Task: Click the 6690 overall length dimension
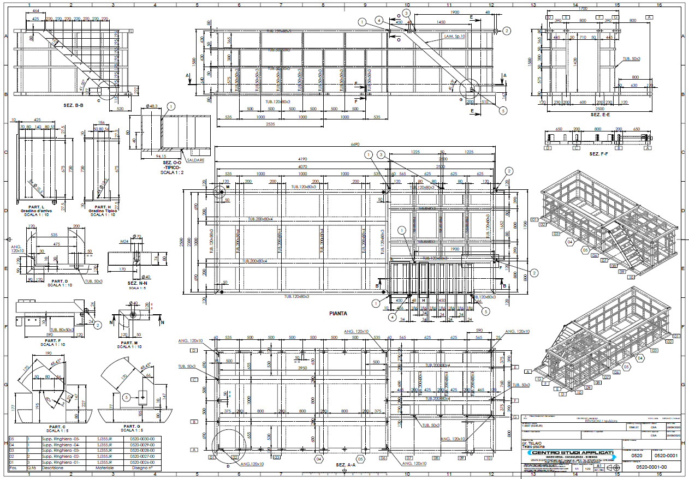coord(356,145)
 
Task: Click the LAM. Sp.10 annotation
coord(454,36)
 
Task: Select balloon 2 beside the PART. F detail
coord(97,325)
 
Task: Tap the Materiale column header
coord(105,468)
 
